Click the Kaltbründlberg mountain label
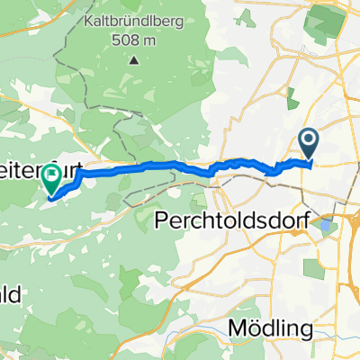134,21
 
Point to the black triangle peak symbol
134,61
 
